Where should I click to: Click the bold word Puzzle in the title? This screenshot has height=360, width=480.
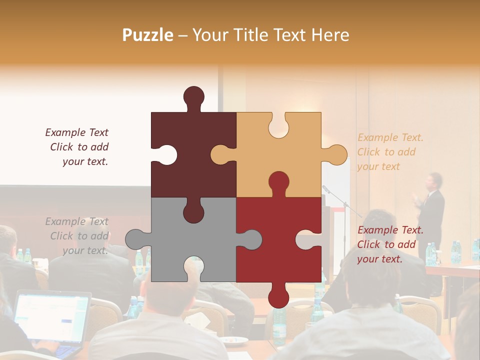(147, 35)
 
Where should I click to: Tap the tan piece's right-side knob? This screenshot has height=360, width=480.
(335, 154)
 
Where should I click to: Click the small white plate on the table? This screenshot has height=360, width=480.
(234, 340)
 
